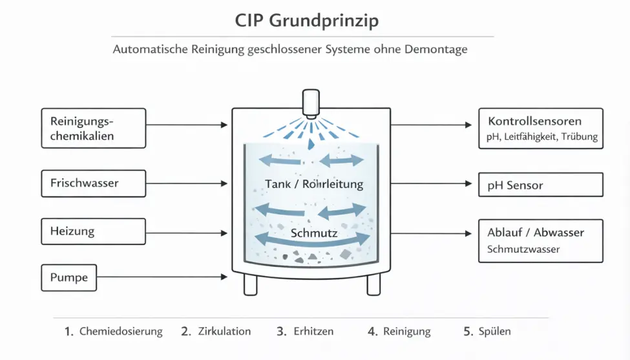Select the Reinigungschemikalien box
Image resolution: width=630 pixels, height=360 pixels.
[94, 127]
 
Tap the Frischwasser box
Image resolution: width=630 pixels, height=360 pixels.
[94, 184]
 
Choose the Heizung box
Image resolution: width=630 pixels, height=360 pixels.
[94, 231]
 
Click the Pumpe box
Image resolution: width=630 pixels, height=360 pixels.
[70, 278]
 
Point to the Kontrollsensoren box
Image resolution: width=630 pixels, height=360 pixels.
[540, 129]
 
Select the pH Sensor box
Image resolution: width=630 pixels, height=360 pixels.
[540, 185]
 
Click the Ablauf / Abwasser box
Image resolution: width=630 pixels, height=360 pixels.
[540, 240]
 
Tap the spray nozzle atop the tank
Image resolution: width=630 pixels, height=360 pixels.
[311, 103]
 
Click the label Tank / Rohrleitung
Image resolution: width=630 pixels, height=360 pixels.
[314, 184]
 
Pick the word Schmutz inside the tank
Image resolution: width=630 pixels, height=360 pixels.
[314, 233]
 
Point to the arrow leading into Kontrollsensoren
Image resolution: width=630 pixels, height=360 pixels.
[432, 125]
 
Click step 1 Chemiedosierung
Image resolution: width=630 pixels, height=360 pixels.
[114, 332]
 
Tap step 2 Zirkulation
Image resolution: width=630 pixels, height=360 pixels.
[216, 332]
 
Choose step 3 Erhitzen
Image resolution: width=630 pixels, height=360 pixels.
[305, 332]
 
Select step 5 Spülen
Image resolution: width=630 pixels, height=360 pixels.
[487, 332]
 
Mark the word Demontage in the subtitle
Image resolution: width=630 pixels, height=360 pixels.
[436, 50]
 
